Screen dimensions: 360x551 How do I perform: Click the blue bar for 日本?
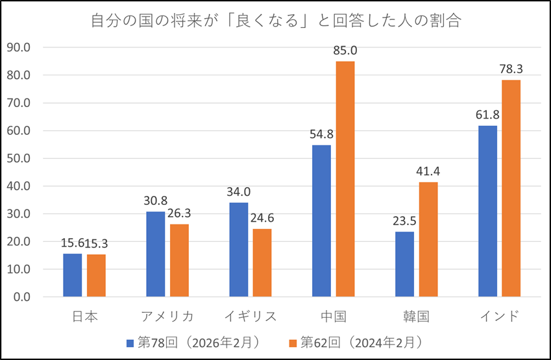pos(72,275)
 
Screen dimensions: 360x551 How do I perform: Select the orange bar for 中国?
pos(345,179)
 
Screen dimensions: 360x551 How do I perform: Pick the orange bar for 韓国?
pos(428,239)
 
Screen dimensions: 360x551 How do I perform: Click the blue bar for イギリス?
pos(238,250)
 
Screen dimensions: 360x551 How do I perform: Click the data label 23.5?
pos(405,220)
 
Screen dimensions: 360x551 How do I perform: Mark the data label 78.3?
pos(511,69)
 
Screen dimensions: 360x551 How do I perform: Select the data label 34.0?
pos(239,191)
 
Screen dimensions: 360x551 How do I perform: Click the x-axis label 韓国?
pos(416,317)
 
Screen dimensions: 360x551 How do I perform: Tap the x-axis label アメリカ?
pos(167,317)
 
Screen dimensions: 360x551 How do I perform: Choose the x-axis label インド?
pos(499,317)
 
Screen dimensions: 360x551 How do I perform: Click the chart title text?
pos(275,21)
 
